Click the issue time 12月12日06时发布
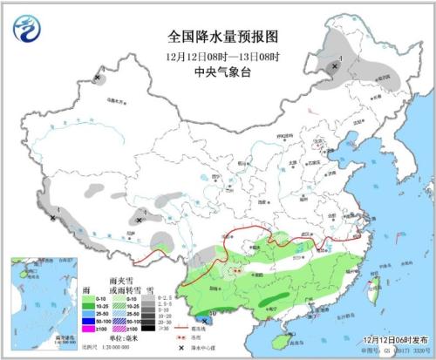pos(389,338)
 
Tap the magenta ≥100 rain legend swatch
pos(67,329)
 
